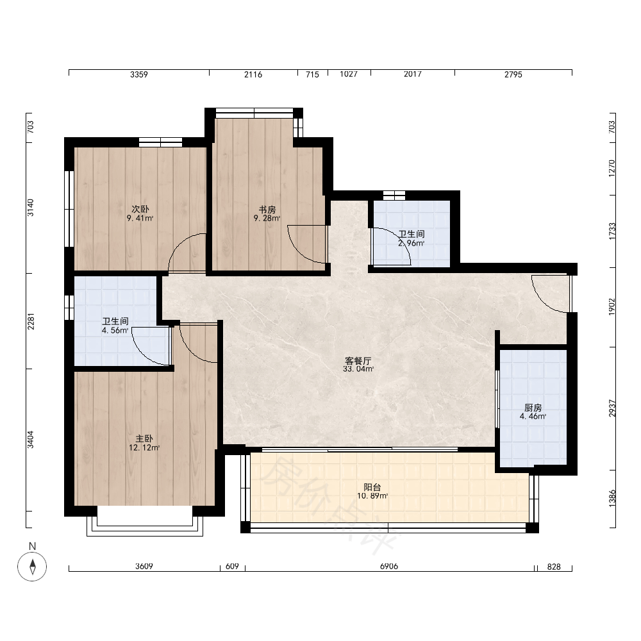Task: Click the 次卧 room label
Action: pos(140,210)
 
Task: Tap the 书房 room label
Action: pos(267,210)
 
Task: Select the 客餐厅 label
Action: pos(358,361)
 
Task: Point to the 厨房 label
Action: pos(533,408)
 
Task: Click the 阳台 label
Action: pos(372,487)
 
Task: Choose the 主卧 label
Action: pos(144,438)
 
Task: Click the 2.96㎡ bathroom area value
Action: pos(412,243)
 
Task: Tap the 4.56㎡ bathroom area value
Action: pos(115,330)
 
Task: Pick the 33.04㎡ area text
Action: pos(358,369)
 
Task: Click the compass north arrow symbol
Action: pos(32,567)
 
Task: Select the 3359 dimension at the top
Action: pos(139,74)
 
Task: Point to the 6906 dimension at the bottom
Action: pos(389,566)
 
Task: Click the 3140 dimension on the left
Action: pos(31,208)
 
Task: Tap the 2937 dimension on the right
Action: pos(612,408)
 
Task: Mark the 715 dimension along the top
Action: pos(312,74)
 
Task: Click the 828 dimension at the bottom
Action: pos(554,567)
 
